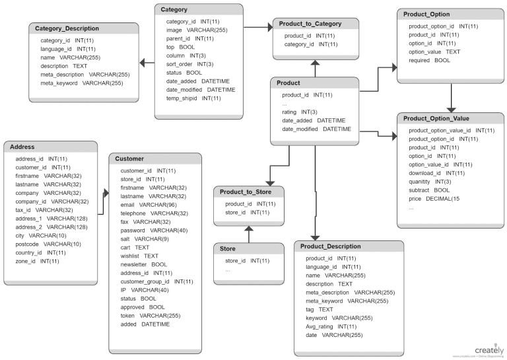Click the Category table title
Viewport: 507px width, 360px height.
(174, 10)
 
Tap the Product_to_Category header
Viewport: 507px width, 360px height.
(309, 24)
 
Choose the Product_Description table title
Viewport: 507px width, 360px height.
(330, 246)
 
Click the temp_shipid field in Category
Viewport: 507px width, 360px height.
(193, 98)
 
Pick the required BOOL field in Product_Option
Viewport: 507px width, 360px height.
(429, 60)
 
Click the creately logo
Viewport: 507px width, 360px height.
(489, 349)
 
